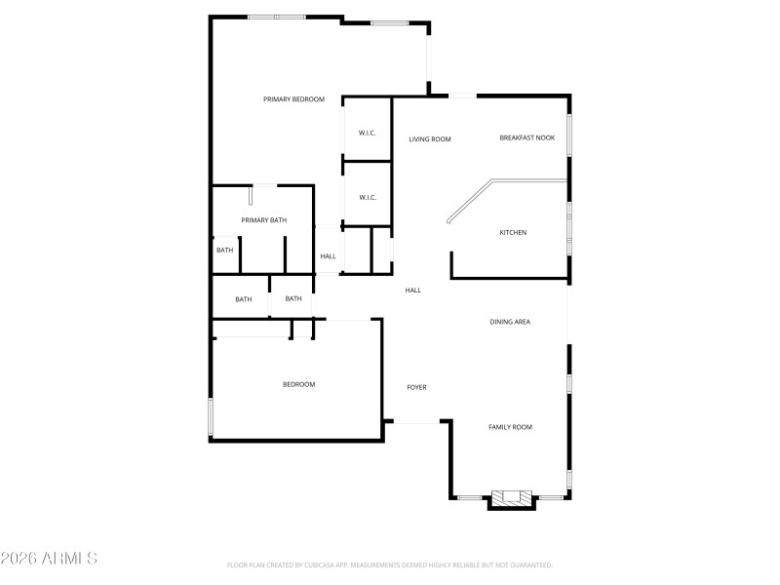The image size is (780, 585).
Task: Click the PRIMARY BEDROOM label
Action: tap(293, 99)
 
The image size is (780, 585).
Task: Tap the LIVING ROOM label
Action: tap(429, 139)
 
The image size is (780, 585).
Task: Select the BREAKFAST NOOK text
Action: tap(526, 137)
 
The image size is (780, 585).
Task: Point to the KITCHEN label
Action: tap(513, 232)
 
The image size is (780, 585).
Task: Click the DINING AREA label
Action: tap(509, 322)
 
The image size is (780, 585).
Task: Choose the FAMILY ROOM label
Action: tap(510, 427)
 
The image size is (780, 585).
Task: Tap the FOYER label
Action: tap(416, 387)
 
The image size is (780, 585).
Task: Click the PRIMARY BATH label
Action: tap(264, 220)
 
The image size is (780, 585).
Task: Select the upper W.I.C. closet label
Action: tap(367, 133)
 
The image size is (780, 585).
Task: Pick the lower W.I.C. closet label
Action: tap(367, 198)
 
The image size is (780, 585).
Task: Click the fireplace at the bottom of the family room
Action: tap(511, 498)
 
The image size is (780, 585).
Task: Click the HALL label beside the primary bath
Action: tap(328, 256)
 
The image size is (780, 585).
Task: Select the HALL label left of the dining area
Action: tap(412, 290)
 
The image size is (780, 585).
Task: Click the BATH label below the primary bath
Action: tap(243, 299)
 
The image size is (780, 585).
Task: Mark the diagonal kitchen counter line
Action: tap(468, 202)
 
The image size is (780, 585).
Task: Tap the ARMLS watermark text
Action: tap(49, 559)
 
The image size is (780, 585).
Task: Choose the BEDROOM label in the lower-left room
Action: tap(298, 384)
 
